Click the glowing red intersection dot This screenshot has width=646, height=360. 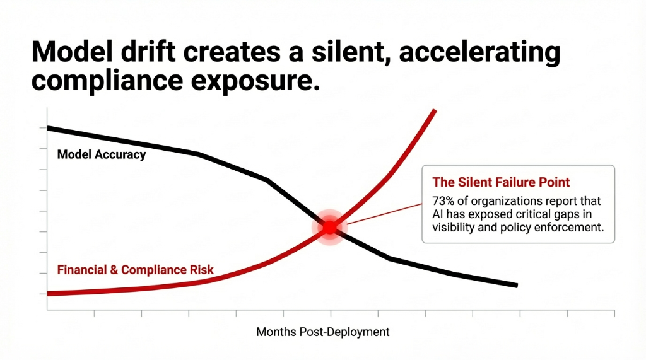point(330,227)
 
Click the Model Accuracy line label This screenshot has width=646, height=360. point(101,154)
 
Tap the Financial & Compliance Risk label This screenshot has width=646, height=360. point(135,270)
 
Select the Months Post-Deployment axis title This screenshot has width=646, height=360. point(322,332)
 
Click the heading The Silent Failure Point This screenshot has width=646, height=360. point(501,182)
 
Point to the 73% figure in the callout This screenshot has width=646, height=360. point(443,202)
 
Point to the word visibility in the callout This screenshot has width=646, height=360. point(454,228)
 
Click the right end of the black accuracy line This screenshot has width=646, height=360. point(515,285)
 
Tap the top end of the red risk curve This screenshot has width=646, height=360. point(434,111)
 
